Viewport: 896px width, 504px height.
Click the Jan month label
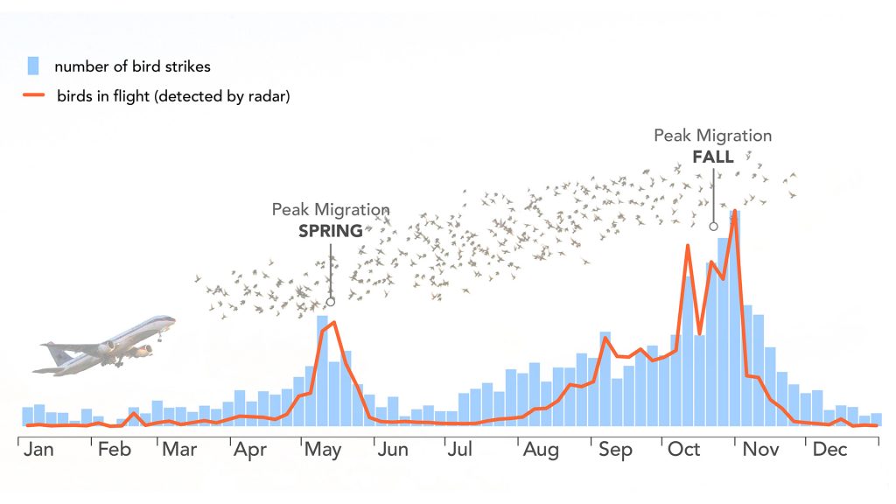click(40, 450)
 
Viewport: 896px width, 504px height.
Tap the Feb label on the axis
click(114, 450)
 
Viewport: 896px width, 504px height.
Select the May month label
click(322, 450)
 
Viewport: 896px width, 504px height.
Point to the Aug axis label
click(541, 450)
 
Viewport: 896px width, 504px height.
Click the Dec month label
click(829, 450)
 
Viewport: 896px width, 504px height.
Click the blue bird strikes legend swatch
click(33, 66)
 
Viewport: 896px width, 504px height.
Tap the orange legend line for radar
click(32, 95)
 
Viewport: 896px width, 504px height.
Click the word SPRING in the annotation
click(331, 231)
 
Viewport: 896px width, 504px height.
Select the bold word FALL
click(713, 157)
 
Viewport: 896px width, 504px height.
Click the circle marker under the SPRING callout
click(331, 301)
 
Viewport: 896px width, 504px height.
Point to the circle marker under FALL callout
click(713, 227)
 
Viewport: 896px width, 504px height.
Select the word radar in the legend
click(268, 96)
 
